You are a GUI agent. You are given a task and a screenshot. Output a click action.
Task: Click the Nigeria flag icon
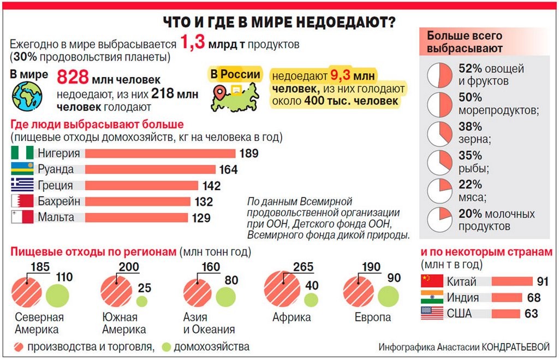(22, 154)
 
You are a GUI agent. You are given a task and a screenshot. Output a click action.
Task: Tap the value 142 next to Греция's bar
(211, 186)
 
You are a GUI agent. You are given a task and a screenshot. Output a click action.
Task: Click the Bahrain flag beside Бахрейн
(22, 202)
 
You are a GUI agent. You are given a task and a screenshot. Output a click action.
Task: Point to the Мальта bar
(136, 217)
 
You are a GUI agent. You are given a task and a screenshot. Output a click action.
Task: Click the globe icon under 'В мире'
(27, 96)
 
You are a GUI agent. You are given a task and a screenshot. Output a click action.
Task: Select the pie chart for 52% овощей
(441, 75)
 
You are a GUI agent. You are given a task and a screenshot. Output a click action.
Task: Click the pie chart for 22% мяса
(441, 190)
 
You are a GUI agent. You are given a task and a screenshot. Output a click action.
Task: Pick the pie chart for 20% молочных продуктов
(441, 219)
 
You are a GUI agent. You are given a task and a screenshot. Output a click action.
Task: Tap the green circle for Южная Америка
(141, 300)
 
